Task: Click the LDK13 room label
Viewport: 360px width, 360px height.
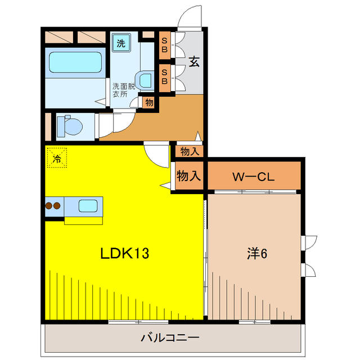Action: tap(124, 254)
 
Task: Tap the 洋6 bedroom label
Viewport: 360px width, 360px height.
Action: tap(256, 254)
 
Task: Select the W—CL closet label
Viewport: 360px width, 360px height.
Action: tap(254, 177)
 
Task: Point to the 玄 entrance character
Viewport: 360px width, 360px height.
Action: tap(193, 62)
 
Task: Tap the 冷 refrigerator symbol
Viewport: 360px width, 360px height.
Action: tap(56, 157)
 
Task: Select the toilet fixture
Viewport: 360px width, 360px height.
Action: tap(69, 125)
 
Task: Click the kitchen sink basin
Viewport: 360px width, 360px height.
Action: tap(88, 205)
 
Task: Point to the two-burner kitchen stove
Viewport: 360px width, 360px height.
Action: tap(53, 205)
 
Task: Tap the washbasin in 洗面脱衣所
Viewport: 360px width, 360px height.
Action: tap(145, 80)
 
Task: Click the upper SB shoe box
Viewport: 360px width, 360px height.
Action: tap(165, 43)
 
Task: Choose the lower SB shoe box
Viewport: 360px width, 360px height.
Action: tap(165, 76)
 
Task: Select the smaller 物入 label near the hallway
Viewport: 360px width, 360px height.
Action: tap(190, 151)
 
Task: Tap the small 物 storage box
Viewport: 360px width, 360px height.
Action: tap(148, 102)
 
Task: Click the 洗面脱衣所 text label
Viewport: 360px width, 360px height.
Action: tap(123, 90)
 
